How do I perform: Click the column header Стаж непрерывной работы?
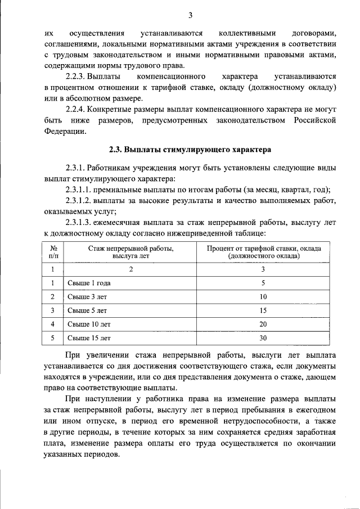coord(130,247)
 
